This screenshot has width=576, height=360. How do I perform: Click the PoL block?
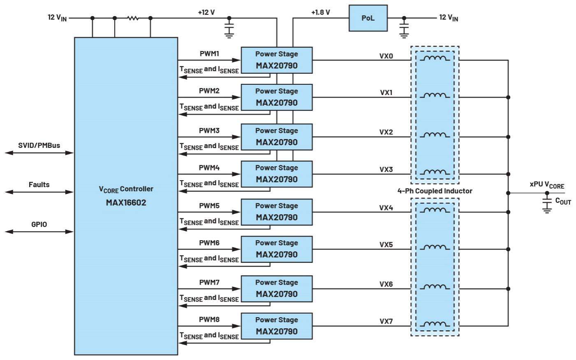point(368,18)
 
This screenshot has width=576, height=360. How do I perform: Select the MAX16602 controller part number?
point(126,202)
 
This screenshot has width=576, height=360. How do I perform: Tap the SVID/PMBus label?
point(39,145)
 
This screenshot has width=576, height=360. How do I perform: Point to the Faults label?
point(39,185)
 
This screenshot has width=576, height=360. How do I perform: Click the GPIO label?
point(39,224)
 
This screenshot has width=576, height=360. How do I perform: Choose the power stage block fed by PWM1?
point(276,60)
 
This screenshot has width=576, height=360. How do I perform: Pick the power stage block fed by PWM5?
point(276,212)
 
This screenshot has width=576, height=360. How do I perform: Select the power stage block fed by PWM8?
point(276,326)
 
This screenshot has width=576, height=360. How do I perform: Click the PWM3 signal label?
point(209,130)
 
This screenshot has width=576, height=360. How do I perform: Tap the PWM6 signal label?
point(209,243)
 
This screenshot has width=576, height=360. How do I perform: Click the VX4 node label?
point(386,208)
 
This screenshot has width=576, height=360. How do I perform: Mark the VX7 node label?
point(386,321)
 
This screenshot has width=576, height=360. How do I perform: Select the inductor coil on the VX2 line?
point(434,135)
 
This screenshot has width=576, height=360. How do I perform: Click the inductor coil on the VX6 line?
point(434,287)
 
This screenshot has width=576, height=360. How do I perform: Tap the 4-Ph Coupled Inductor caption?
point(434,191)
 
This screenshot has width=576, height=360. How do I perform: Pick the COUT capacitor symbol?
point(547,204)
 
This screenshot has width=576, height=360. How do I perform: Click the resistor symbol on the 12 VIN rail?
point(132,18)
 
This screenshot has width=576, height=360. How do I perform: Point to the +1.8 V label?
point(321,12)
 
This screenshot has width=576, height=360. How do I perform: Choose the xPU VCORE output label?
point(547,185)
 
